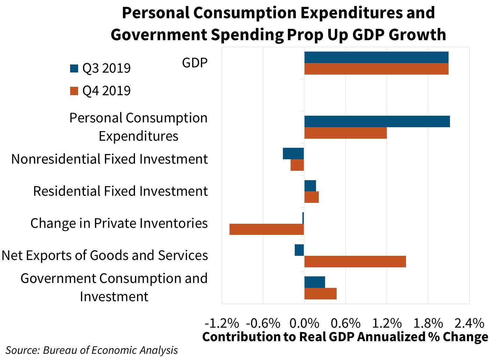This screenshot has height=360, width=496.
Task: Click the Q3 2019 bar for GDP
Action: pyautogui.click(x=376, y=58)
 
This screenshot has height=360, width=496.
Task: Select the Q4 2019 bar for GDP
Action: pyautogui.click(x=376, y=69)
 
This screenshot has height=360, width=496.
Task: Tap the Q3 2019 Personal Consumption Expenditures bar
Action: pyautogui.click(x=377, y=122)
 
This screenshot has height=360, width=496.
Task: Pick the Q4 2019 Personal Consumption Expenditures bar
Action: pyautogui.click(x=345, y=133)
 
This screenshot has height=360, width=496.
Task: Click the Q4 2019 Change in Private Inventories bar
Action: pyautogui.click(x=267, y=229)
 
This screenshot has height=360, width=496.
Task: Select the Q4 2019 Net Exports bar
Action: pyautogui.click(x=355, y=261)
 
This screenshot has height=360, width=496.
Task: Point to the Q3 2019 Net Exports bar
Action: pyautogui.click(x=299, y=250)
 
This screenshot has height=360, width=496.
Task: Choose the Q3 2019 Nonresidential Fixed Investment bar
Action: pyautogui.click(x=293, y=154)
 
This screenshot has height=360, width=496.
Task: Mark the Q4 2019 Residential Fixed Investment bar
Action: pyautogui.click(x=311, y=197)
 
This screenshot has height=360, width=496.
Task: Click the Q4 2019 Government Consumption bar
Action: pyautogui.click(x=320, y=293)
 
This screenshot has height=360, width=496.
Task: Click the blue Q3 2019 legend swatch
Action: pyautogui.click(x=74, y=68)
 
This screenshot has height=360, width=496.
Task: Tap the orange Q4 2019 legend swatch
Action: pyautogui.click(x=74, y=91)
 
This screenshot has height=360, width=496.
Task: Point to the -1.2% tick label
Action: pyautogui.click(x=222, y=323)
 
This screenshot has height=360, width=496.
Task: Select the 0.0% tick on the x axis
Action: pyautogui.click(x=304, y=323)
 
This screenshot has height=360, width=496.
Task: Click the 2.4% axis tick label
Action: pyautogui.click(x=469, y=323)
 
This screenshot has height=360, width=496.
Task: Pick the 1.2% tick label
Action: pyautogui.click(x=387, y=323)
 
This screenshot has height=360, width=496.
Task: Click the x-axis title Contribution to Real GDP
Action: pyautogui.click(x=345, y=337)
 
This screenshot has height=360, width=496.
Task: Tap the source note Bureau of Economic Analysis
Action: pyautogui.click(x=91, y=350)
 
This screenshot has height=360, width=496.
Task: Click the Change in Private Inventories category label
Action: pyautogui.click(x=119, y=223)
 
